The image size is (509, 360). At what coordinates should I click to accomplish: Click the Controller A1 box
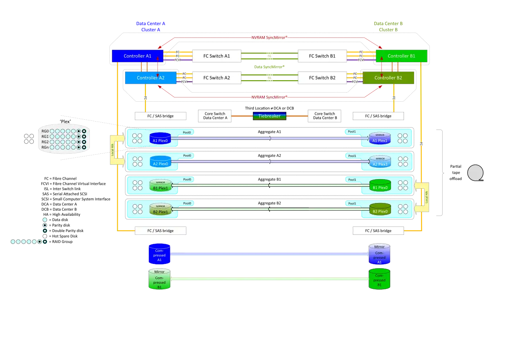pyautogui.click(x=137, y=56)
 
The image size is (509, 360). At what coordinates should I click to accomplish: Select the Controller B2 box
pyautogui.click(x=388, y=78)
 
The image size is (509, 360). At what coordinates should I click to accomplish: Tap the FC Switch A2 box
pyautogui.click(x=216, y=78)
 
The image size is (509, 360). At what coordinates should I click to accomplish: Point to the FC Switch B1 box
pyautogui.click(x=322, y=56)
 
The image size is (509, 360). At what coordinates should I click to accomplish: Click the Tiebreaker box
pyautogui.click(x=269, y=116)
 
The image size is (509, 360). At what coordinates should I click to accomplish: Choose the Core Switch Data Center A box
pyautogui.click(x=215, y=116)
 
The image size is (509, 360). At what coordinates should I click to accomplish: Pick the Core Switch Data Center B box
pyautogui.click(x=325, y=116)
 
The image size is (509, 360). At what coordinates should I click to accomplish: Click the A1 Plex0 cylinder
pyautogui.click(x=160, y=139)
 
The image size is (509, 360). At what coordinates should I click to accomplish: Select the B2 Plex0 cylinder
pyautogui.click(x=380, y=210)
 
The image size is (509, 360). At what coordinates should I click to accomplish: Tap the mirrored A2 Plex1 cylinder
pyautogui.click(x=380, y=162)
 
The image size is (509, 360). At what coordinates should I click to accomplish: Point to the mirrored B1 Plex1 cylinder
pyautogui.click(x=160, y=186)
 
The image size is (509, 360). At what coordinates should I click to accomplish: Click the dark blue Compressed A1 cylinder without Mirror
pyautogui.click(x=159, y=254)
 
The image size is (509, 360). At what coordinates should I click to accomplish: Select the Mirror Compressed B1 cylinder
pyautogui.click(x=159, y=279)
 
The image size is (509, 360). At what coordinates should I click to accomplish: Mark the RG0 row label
pyautogui.click(x=45, y=131)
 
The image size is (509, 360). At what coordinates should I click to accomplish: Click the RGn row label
pyautogui.click(x=45, y=147)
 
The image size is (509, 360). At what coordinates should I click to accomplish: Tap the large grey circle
pyautogui.click(x=475, y=173)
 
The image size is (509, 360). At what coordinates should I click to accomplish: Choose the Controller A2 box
pyautogui.click(x=150, y=78)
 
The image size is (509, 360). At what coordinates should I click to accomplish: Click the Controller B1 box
pyautogui.click(x=401, y=56)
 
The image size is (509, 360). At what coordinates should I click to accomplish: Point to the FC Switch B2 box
pyautogui.click(x=322, y=78)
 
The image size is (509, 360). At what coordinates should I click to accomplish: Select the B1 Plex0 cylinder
pyautogui.click(x=380, y=186)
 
